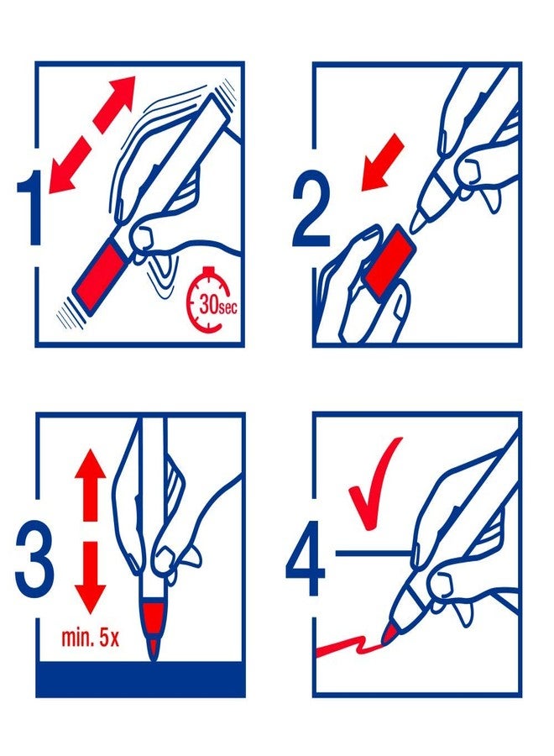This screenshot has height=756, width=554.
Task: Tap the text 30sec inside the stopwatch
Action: [217, 307]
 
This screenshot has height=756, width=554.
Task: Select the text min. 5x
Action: [90, 638]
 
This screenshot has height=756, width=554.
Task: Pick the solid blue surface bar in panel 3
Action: [140, 680]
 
